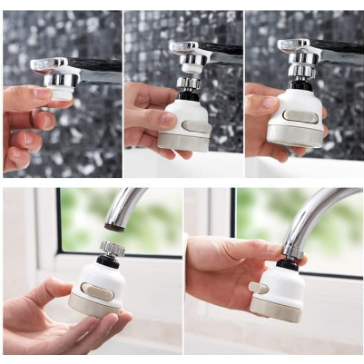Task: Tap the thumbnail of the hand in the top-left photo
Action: tap(42, 93)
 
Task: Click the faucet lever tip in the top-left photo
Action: tap(36, 64)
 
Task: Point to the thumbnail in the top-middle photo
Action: tap(168, 119)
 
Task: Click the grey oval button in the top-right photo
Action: tap(300, 116)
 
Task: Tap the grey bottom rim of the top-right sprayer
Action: tap(299, 141)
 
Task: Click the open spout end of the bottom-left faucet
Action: tap(114, 228)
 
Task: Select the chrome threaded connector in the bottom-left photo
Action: tap(112, 248)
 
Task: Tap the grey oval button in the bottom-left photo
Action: tap(97, 290)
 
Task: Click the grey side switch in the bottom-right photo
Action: tap(259, 287)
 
